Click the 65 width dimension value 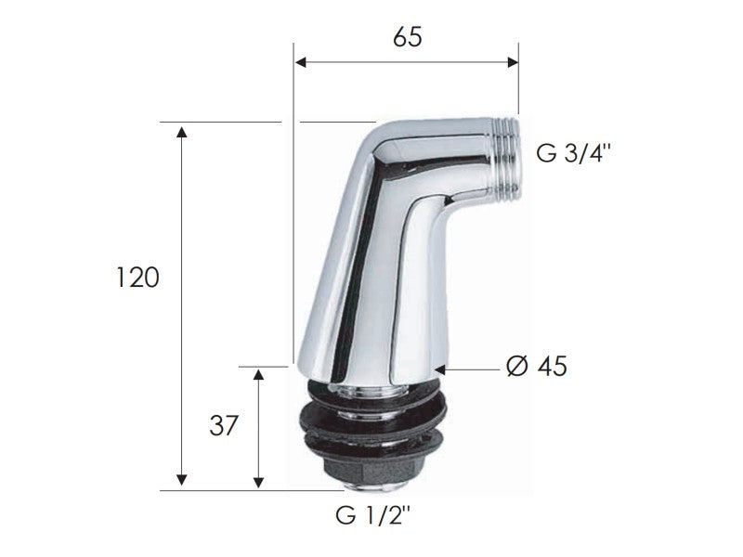[x=407, y=37]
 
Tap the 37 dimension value [x=224, y=426]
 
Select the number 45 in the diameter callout [x=551, y=367]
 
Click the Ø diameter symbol [x=517, y=367]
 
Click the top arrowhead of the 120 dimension [x=181, y=130]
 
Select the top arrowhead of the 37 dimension [x=260, y=374]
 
